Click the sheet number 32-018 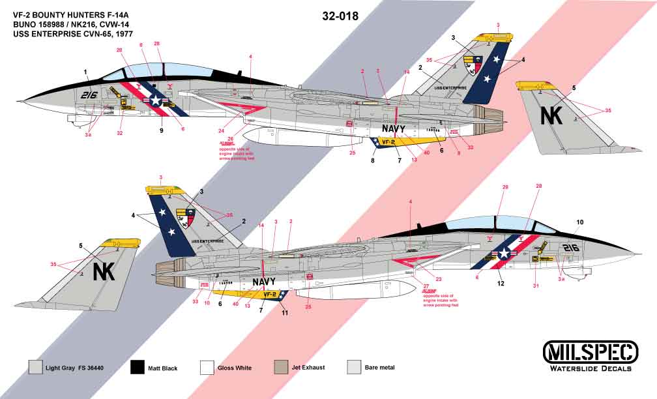340,17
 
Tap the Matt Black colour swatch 138,368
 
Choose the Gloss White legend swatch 209,368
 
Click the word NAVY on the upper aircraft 394,128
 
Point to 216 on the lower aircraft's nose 571,248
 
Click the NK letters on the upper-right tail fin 551,115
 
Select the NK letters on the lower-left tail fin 104,271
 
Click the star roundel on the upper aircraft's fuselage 156,100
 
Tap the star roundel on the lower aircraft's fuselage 504,254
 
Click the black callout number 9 160,131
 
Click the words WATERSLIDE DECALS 592,368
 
